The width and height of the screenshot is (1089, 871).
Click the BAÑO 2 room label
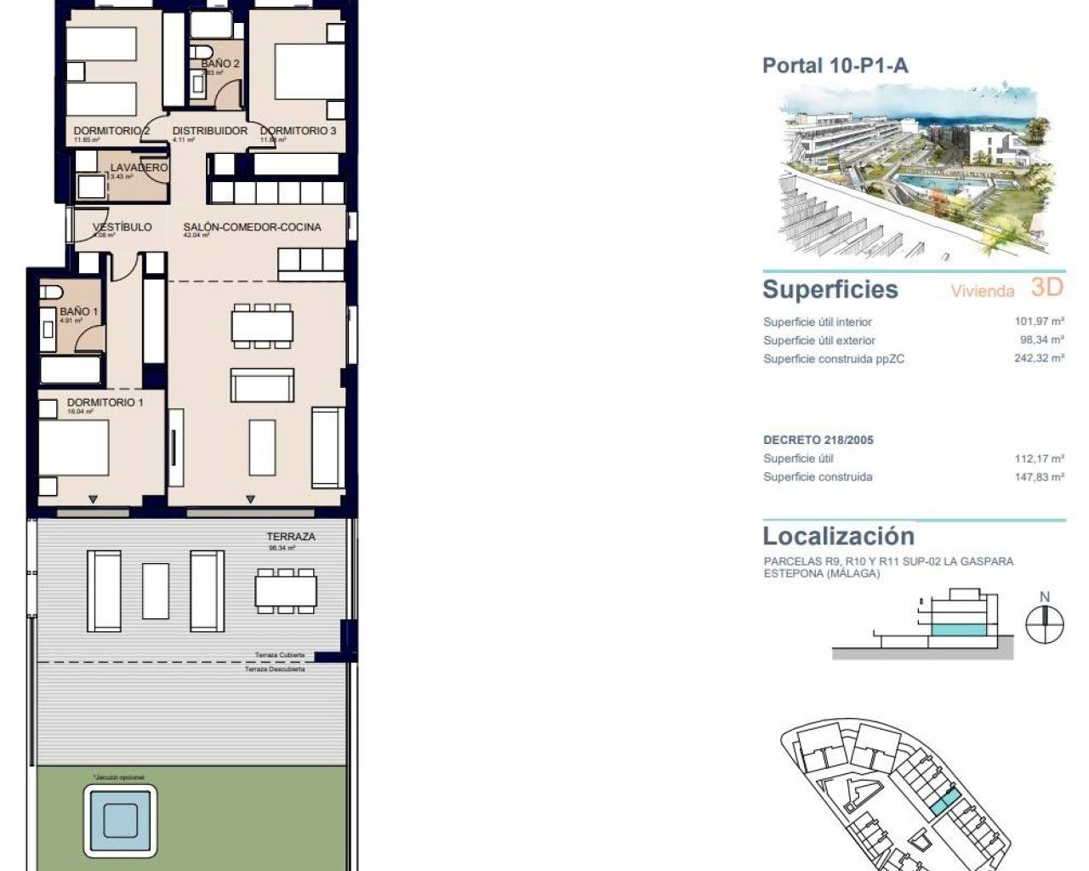coord(220,64)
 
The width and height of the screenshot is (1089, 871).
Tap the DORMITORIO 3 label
coord(299,131)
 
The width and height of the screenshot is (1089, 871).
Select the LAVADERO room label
coord(139,168)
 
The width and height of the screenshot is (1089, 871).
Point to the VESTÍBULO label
coord(123,227)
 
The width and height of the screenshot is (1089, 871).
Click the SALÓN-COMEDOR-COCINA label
coord(252,227)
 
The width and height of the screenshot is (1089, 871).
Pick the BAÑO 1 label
coord(79,311)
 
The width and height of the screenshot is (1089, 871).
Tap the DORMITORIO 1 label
coord(105,402)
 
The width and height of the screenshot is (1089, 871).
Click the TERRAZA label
coord(291,537)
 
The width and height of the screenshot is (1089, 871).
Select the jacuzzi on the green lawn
coord(120,821)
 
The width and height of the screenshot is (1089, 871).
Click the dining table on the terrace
coord(286,590)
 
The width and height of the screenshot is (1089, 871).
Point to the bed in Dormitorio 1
coord(74,449)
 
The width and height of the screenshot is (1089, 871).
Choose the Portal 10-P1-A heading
coord(835,65)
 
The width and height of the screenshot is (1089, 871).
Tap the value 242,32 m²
coord(1039,358)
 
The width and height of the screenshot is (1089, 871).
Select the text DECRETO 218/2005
coord(818,440)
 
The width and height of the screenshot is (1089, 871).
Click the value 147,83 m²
coord(1039,477)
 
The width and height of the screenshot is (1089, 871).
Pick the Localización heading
coord(838,536)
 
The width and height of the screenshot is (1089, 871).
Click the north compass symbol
coord(1045,625)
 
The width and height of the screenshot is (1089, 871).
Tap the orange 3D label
coord(1047,287)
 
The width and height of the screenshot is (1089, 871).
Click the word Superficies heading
coord(830,289)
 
